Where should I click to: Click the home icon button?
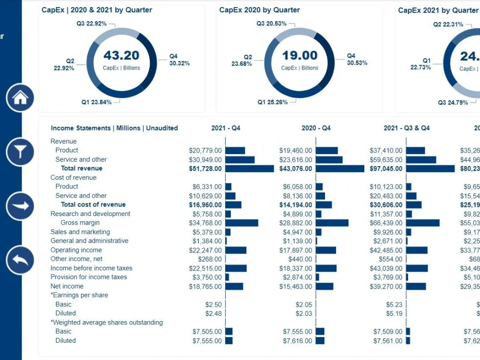pyautogui.click(x=20, y=98)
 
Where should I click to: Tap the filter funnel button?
pyautogui.click(x=20, y=152)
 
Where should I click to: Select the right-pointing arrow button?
pyautogui.click(x=20, y=206)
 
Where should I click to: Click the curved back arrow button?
pyautogui.click(x=20, y=260)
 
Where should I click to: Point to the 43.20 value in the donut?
pyautogui.click(x=121, y=55)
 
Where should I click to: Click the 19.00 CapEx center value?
pyautogui.click(x=300, y=55)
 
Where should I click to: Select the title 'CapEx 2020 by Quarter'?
pyautogui.click(x=259, y=10)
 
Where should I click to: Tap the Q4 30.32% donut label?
pyautogui.click(x=179, y=60)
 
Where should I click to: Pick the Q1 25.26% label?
pyautogui.click(x=273, y=102)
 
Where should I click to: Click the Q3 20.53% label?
pyautogui.click(x=271, y=24)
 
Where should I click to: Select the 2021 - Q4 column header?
pyautogui.click(x=226, y=128)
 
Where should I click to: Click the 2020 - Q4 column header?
pyautogui.click(x=316, y=128)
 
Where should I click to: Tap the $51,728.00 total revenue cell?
pyautogui.click(x=205, y=168)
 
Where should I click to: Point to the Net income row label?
pyautogui.click(x=67, y=286)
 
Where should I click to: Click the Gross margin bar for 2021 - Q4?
pyautogui.click(x=241, y=223)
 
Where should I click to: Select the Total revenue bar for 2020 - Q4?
pyautogui.click(x=340, y=168)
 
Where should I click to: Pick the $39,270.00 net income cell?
pyautogui.click(x=386, y=287)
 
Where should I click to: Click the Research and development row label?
pyautogui.click(x=90, y=214)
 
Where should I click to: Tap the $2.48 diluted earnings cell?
pyautogui.click(x=214, y=313)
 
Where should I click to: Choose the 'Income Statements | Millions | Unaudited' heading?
pyautogui.click(x=114, y=128)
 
